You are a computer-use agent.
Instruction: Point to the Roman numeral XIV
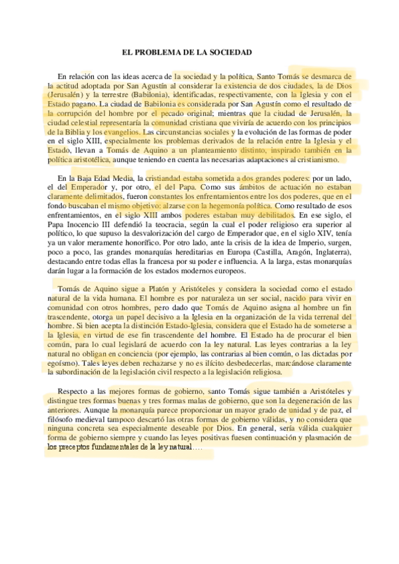(319, 235)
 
